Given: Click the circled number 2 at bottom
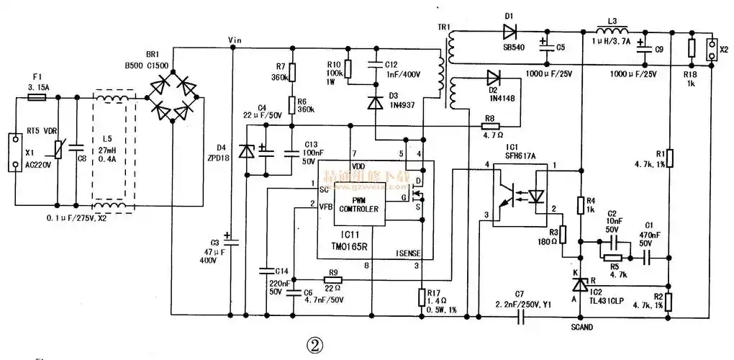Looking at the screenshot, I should click(x=314, y=345).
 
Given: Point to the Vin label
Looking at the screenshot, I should click(x=235, y=39).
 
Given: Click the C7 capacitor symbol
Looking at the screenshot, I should click(x=520, y=315).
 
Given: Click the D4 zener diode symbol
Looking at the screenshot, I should click(x=247, y=150).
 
